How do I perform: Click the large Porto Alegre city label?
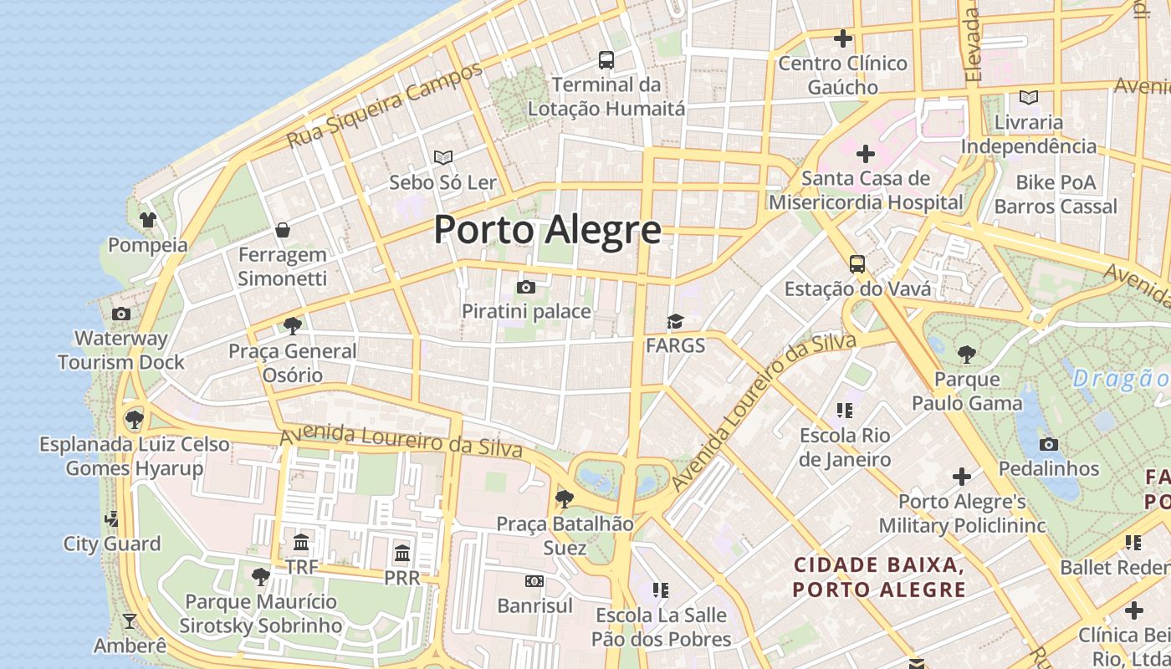point(547,230)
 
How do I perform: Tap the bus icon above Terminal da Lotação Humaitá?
point(606,60)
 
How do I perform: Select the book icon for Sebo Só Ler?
point(443,157)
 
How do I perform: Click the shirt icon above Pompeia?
point(148,220)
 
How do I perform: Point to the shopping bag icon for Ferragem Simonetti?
point(283,230)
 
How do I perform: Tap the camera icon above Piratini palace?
point(526,288)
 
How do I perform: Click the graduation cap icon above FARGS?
point(675,322)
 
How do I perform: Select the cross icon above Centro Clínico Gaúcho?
point(843,38)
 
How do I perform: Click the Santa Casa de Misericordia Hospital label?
point(866,191)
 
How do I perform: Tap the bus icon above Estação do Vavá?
point(857,264)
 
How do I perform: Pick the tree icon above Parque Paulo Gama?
point(967,355)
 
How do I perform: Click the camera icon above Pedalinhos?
point(1049,444)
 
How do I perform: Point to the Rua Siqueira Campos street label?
point(385,105)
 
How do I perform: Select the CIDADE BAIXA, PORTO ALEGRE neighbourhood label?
point(879,578)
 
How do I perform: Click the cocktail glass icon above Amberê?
point(130,621)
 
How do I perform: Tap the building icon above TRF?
point(301,542)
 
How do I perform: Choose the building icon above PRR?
point(402,553)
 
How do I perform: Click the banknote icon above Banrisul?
point(534,581)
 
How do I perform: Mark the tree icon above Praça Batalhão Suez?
point(565,499)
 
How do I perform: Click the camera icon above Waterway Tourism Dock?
point(121,314)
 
